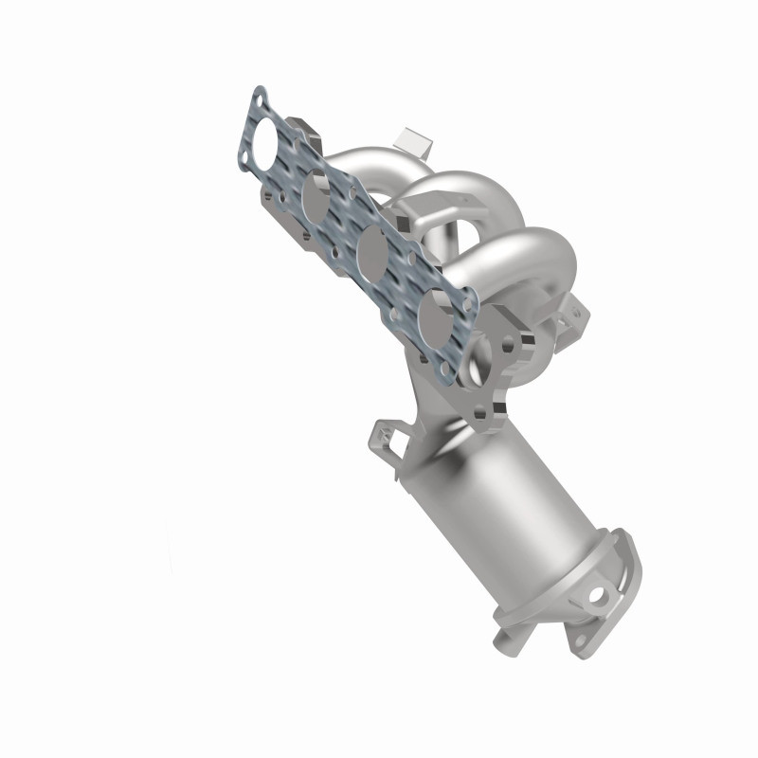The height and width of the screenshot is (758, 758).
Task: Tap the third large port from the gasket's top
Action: pyautogui.click(x=370, y=252)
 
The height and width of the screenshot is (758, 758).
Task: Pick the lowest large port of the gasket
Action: pyautogui.click(x=434, y=311)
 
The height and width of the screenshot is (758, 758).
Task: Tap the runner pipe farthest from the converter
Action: pyautogui.click(x=379, y=161)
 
